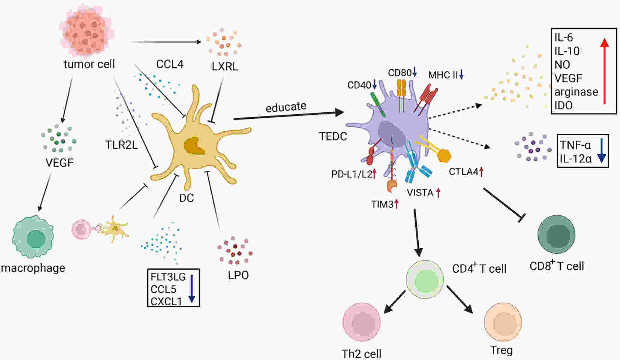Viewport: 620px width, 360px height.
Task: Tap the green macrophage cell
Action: [x=33, y=237]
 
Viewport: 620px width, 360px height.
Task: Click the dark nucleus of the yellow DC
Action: [x=194, y=146]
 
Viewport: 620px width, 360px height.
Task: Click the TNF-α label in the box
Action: [x=575, y=145]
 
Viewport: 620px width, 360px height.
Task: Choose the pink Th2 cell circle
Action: [x=361, y=322]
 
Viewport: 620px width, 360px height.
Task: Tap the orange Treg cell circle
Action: [x=503, y=322]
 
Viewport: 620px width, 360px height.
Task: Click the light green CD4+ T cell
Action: [x=425, y=279]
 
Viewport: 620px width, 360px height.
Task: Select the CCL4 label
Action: [x=170, y=64]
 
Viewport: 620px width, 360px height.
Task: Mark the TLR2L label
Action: [x=121, y=145]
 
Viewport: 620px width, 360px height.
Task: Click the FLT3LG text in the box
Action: [x=168, y=277]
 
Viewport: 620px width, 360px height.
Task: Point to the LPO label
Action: [x=238, y=275]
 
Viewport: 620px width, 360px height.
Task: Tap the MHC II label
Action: [x=443, y=75]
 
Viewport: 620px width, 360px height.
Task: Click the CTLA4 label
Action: [x=464, y=172]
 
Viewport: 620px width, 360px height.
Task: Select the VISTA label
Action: [x=420, y=193]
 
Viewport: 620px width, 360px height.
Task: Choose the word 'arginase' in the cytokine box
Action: [x=576, y=92]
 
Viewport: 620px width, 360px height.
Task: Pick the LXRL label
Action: [x=225, y=66]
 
